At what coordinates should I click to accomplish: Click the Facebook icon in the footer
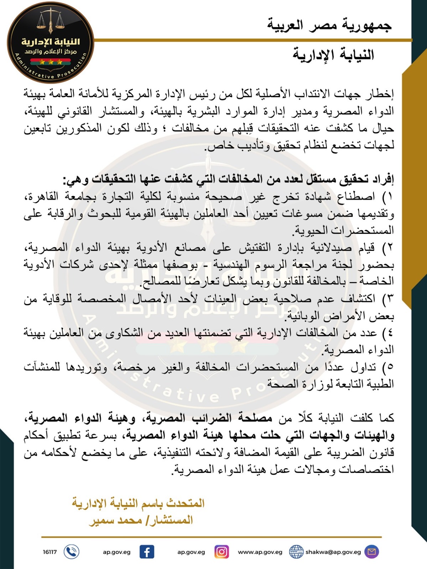point(146,552)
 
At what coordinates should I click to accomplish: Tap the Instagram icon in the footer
point(221,552)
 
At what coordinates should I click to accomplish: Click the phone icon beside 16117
point(71,552)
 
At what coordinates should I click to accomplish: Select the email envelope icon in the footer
point(372,552)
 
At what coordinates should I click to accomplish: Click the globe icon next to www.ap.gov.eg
point(296,552)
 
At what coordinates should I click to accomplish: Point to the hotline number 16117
point(50,552)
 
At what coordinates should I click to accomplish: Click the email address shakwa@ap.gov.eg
point(333,552)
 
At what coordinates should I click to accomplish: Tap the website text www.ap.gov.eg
point(260,552)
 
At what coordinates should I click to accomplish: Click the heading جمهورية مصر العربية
point(329,25)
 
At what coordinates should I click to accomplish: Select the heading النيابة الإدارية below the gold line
point(333,55)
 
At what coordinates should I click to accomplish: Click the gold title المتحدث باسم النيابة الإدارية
point(139,503)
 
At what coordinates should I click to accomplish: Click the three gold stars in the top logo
point(51,62)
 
